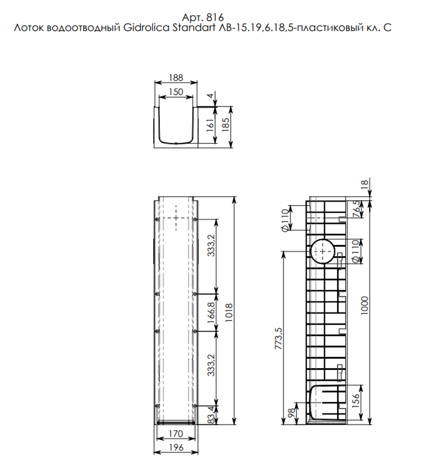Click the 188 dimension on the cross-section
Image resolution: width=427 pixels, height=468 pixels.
coord(175,78)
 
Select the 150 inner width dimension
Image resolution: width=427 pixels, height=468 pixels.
coord(175,92)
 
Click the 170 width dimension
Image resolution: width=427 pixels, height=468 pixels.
coord(175,434)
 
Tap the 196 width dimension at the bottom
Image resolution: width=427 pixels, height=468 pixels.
coord(175,448)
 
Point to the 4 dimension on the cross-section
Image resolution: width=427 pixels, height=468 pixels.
coord(210,96)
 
